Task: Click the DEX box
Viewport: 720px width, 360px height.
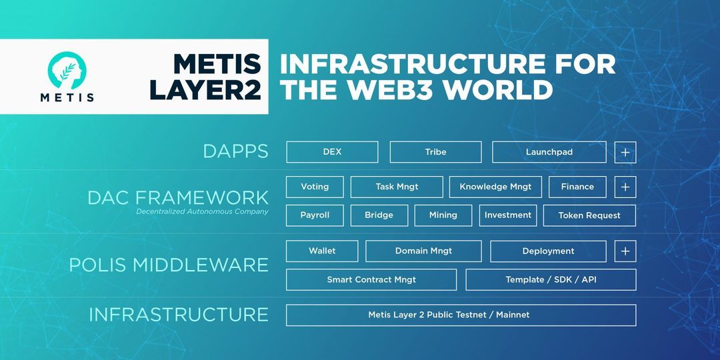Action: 332,152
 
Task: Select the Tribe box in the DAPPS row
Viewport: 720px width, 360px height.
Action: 435,152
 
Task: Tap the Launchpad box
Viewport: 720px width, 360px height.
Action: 549,152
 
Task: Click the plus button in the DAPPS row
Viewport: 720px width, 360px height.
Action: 625,152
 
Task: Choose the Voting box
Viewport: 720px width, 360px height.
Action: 315,187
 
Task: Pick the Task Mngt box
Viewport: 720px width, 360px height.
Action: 397,187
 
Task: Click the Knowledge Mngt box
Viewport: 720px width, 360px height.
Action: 495,187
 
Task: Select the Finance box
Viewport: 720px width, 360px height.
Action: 577,187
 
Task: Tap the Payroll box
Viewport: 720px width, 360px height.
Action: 315,215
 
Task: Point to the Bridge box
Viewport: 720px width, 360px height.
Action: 379,215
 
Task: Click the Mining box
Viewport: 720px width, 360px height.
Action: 443,215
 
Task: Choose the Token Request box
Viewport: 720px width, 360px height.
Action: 589,215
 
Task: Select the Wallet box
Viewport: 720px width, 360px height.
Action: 322,251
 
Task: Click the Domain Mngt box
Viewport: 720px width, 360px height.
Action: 423,251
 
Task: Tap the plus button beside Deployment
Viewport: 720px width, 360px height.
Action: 625,251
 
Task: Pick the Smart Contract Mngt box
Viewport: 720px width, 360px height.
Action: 371,280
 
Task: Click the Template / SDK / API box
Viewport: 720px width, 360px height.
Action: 551,280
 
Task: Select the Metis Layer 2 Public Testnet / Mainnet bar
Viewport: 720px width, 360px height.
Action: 461,315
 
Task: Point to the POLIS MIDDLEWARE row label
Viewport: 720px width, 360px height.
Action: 169,265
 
